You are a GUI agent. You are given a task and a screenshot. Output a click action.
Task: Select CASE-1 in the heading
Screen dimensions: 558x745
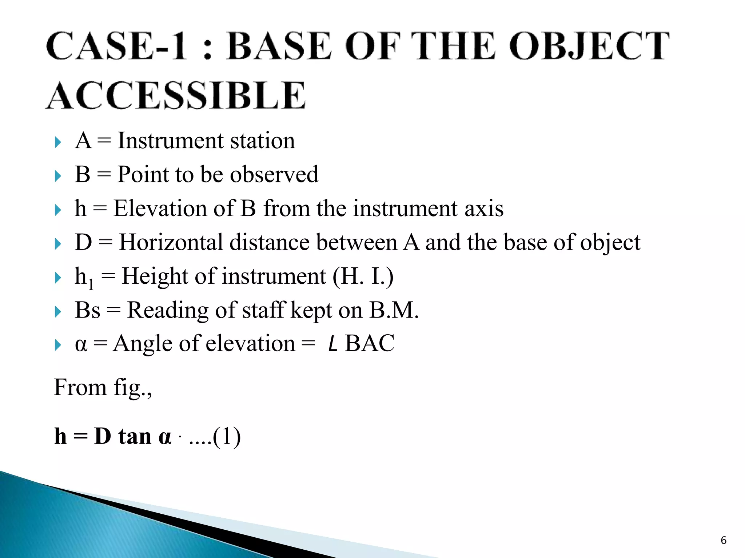pos(116,46)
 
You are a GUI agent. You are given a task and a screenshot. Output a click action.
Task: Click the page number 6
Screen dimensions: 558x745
pos(724,541)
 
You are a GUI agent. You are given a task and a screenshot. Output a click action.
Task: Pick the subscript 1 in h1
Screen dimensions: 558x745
pos(91,284)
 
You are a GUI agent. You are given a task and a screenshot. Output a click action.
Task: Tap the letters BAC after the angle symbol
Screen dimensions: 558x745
pos(370,343)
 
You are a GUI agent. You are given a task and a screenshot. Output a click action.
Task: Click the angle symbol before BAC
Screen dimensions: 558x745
pos(332,344)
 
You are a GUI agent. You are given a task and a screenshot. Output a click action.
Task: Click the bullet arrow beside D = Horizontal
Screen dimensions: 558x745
pos(57,244)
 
